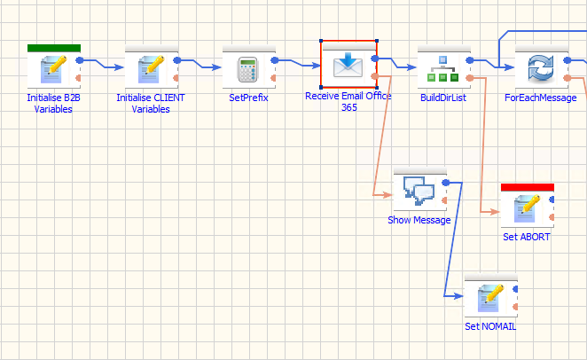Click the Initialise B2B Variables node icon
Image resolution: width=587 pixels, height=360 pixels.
pos(53,69)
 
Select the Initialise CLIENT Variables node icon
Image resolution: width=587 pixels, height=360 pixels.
pos(151,69)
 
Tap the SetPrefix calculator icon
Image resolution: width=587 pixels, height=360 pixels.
pos(247,69)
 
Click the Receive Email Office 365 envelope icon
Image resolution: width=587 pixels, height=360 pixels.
pos(348,65)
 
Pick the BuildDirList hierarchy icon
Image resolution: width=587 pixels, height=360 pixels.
pos(442,69)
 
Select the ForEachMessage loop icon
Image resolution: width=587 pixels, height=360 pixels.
pos(541,69)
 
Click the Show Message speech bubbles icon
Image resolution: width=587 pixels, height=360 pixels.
pos(419,191)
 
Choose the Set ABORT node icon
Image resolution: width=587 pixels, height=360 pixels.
pos(527,208)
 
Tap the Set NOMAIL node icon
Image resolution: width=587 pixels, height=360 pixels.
pos(490,298)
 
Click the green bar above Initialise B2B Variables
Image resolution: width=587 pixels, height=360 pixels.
pos(54,48)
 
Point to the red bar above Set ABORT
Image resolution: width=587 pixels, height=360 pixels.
pos(528,187)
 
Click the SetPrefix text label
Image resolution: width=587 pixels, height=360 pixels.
pos(248,98)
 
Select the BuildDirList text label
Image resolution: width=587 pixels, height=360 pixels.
pos(443,98)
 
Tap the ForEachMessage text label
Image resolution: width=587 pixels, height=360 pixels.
pos(541,98)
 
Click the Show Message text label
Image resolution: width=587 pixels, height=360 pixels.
pos(419,220)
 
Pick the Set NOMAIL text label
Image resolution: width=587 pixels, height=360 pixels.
pos(490,326)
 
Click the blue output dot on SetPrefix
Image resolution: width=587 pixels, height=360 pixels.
pos(275,60)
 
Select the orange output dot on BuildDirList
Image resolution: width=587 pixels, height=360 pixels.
pos(470,78)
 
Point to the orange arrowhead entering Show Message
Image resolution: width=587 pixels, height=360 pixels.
pos(387,194)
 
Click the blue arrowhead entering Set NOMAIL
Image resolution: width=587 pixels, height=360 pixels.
pos(459,296)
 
